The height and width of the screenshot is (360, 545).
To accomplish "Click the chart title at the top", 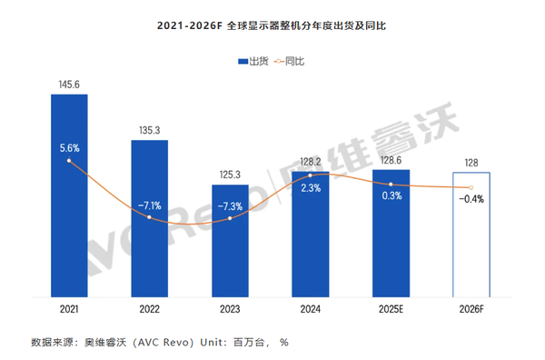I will pos(272,27).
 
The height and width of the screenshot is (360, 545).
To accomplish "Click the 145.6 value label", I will pos(69,85).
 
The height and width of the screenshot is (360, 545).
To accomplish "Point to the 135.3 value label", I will pos(149,130).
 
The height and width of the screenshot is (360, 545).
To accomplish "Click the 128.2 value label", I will pos(310,161).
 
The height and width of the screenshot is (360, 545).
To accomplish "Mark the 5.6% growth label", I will pos(69,147).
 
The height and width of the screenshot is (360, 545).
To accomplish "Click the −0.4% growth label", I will pos(471,198).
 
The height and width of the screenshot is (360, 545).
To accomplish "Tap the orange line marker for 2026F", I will pos(471,187).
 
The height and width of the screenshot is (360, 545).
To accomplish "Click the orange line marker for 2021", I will pos(69,161).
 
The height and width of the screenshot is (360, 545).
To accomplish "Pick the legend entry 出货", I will pos(252,62).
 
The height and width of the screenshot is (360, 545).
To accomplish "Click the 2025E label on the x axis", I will pos(391,309).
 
